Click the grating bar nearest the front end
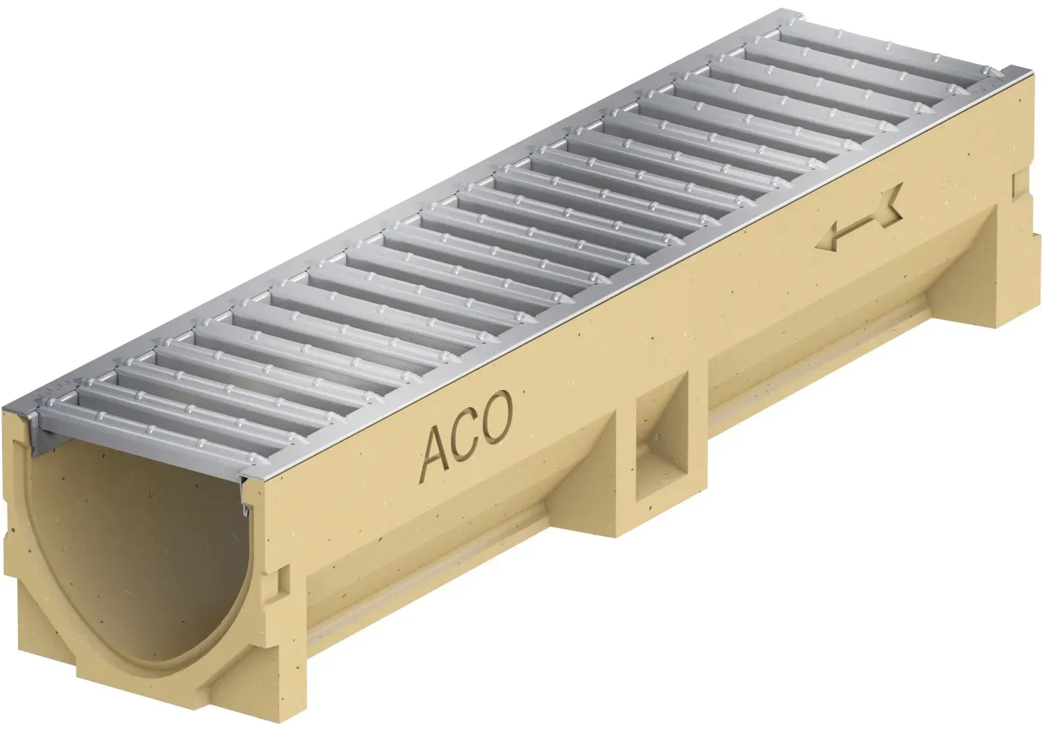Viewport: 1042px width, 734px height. click(172, 430)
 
